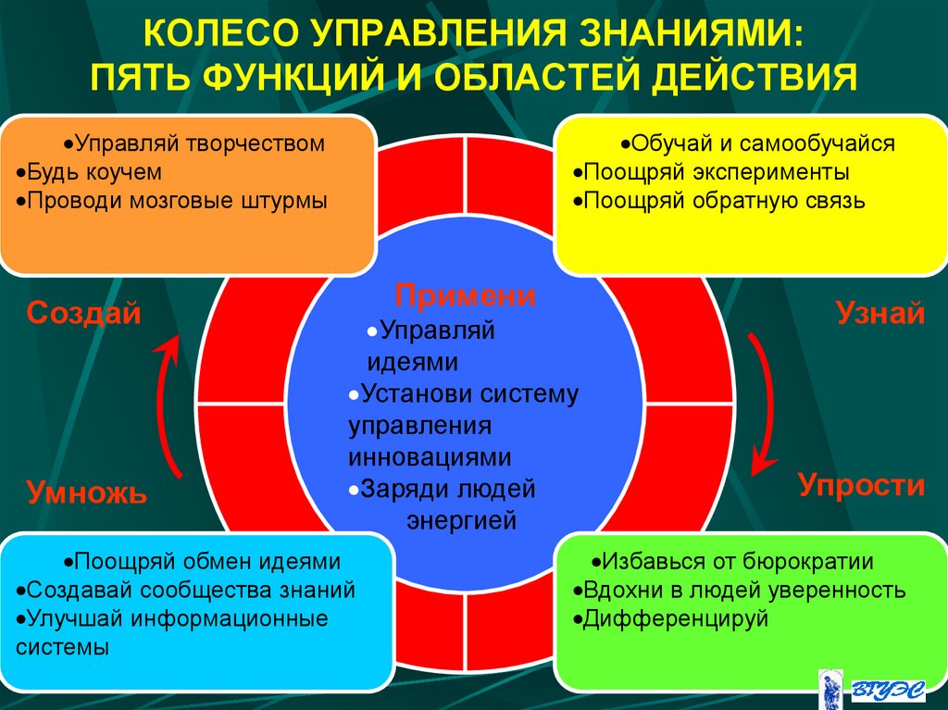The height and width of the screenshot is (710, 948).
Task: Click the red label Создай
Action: click(83, 313)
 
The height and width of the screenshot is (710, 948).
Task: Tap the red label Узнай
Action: click(880, 313)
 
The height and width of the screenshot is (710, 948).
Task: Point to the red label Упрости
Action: click(861, 485)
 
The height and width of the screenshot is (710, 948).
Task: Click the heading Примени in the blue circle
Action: click(466, 296)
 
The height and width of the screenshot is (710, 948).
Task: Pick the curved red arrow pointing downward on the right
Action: click(765, 403)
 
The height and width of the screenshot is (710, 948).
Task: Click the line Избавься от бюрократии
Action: click(736, 561)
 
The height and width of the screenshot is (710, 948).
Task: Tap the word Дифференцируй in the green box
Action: click(675, 618)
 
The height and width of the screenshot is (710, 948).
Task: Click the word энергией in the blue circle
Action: click(461, 521)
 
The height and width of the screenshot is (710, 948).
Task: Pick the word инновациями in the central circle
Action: click(430, 457)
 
